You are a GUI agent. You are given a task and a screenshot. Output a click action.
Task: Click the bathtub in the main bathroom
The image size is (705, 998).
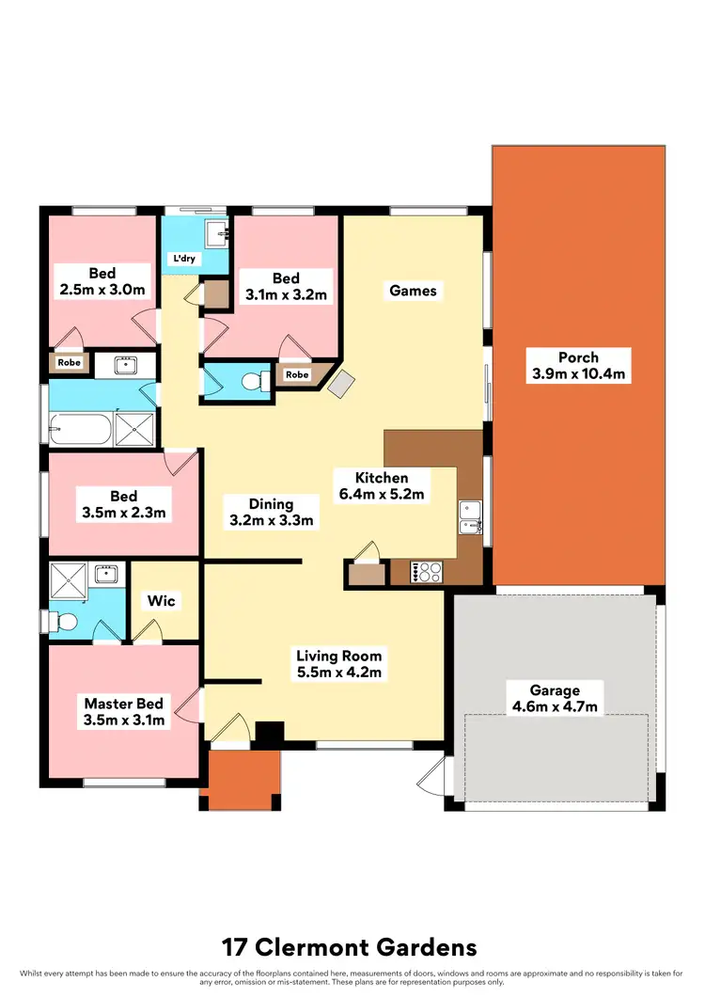[x=79, y=431]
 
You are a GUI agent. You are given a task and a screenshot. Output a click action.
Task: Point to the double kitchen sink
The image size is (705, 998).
[x=470, y=515]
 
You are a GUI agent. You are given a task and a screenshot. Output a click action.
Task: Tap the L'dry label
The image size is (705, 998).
[x=180, y=258]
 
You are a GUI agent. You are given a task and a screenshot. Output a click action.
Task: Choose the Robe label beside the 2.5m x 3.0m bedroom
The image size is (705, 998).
[x=68, y=361]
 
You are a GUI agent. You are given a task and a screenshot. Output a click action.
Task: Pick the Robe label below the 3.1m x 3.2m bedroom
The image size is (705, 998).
[x=297, y=374]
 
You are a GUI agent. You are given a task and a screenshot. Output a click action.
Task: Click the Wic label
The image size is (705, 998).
[x=161, y=600]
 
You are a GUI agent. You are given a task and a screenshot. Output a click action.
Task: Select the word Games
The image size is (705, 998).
[x=414, y=291]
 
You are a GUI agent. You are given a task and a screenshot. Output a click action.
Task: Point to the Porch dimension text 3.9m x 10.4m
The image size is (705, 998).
[x=578, y=374]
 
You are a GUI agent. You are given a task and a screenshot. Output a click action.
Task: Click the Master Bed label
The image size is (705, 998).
[x=124, y=704]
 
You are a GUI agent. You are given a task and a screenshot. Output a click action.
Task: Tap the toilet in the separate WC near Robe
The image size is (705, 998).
[x=249, y=380]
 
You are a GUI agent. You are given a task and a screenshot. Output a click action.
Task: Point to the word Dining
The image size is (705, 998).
[x=271, y=504]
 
